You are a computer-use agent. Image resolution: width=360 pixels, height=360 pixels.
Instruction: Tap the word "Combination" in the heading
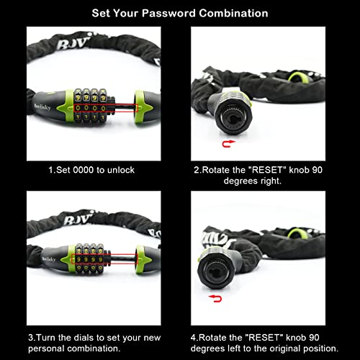pos(236,13)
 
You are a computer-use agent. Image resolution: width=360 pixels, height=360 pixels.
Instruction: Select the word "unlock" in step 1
pos(120,170)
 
